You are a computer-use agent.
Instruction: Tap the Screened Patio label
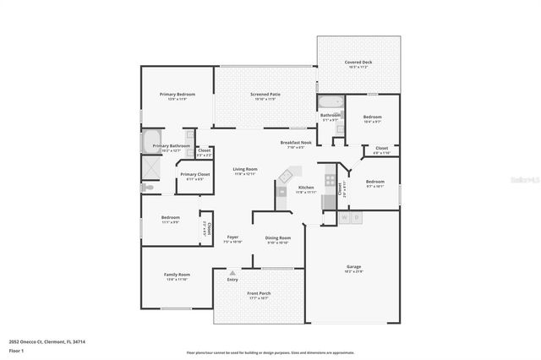coord(265,95)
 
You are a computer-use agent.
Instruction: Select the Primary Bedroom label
coord(175,95)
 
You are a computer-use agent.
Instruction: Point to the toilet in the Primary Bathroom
coord(190,134)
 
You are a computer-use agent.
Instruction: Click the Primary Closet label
coord(193,175)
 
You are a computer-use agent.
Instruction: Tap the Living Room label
coord(245,169)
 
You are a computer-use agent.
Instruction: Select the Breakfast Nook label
coord(296,143)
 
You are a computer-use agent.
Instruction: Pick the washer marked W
coord(344,218)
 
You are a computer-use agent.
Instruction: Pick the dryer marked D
coord(357,218)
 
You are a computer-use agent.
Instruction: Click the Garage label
coord(353,266)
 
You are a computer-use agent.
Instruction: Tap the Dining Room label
coord(278,238)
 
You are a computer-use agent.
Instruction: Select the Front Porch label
coord(258,295)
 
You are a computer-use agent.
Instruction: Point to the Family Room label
coord(177,275)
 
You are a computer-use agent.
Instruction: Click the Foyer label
coord(232,238)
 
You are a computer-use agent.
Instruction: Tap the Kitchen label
coord(306,188)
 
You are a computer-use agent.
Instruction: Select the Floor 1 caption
coord(17,350)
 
